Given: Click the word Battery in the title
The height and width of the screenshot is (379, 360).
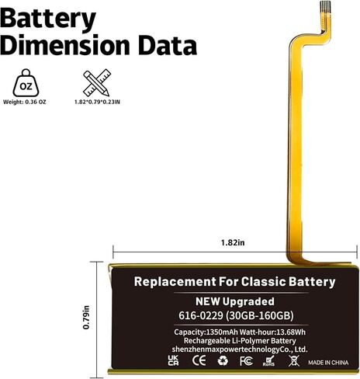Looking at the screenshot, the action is tap(48, 19).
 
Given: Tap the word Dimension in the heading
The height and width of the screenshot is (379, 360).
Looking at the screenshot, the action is tap(64, 46).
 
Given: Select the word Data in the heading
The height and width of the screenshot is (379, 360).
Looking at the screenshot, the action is tap(168, 46).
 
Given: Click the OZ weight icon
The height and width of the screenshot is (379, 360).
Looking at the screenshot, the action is tap(26, 83).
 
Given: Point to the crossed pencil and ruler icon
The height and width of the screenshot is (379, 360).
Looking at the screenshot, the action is tap(97, 83).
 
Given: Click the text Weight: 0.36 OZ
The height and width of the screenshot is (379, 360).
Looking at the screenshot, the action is tap(25, 102).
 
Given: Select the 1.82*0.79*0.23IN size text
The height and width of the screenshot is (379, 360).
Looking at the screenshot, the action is tap(97, 102).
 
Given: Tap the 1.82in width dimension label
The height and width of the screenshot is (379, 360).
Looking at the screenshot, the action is tap(233, 243).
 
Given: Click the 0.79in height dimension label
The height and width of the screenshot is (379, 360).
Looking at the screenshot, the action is tap(86, 318).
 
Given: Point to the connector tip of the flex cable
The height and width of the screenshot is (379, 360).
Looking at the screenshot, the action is tap(325, 6).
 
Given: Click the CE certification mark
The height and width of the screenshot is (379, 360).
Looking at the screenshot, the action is tap(199, 360).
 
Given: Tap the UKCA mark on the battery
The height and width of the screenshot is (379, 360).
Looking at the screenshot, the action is tap(173, 360).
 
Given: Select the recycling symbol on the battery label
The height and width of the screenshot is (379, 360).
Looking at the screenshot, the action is tap(223, 360).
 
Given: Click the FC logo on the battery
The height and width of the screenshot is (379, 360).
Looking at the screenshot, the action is tap(246, 360).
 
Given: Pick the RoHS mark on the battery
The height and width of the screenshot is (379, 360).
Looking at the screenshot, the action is tap(268, 361).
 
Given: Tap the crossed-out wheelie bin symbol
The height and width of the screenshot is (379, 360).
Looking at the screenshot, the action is tap(294, 360).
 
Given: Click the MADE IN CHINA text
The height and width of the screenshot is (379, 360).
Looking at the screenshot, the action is tap(328, 363).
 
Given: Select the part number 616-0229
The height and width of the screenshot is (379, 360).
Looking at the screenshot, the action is tap(201, 315).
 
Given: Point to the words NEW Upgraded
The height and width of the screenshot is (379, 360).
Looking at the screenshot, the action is tap(235, 301).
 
